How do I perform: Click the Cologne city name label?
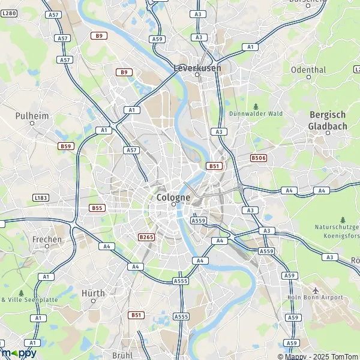[173, 197]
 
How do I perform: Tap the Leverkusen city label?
[197, 68]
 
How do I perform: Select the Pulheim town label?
[32, 115]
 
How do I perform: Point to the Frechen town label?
[47, 239]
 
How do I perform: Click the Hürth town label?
[92, 293]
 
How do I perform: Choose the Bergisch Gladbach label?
[328, 120]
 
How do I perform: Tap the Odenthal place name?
[308, 70]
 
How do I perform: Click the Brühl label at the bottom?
[122, 355]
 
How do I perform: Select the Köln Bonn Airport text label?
[314, 297]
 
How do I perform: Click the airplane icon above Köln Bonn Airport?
[316, 289]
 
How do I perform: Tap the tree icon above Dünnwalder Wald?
[256, 106]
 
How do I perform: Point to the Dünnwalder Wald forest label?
[256, 113]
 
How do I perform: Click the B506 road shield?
[259, 158]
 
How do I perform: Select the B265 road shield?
[146, 237]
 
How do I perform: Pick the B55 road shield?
[97, 208]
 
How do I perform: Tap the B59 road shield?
[65, 146]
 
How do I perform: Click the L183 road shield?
[41, 197]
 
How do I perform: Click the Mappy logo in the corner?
[19, 353]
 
